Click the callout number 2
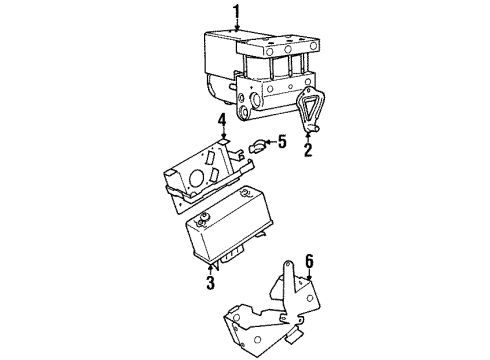tap(308, 152)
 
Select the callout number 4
tap(222, 123)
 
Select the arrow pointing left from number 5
tap(268, 142)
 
